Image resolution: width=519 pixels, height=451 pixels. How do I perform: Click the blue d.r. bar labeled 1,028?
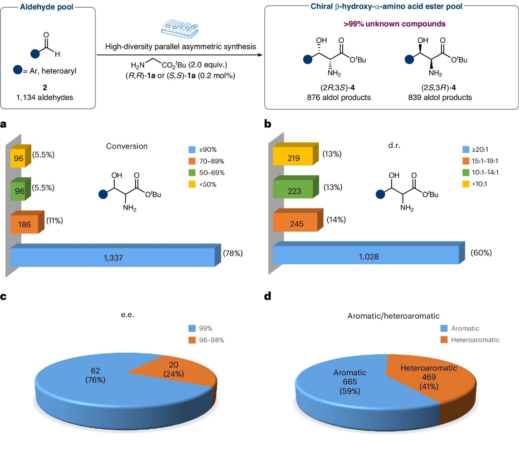365,257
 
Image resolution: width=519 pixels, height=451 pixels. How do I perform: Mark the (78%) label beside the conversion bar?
233,253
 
